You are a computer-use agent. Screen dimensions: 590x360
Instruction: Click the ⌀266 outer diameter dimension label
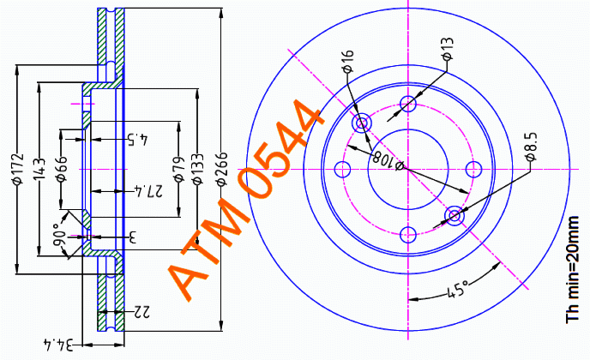(222, 169)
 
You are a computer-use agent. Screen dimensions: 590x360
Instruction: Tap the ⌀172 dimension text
(18, 169)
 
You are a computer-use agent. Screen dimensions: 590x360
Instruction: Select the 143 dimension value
(39, 169)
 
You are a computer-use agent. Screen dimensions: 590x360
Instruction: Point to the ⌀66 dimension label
(62, 169)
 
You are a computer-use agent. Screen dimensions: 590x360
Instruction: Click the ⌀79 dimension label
(180, 169)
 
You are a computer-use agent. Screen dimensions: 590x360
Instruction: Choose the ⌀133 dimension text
(197, 169)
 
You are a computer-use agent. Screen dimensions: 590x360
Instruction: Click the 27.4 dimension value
(148, 191)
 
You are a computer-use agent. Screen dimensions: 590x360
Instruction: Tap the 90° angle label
(59, 235)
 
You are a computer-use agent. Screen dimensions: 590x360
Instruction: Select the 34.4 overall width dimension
(57, 345)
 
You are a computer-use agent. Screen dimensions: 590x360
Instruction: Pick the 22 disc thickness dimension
(141, 311)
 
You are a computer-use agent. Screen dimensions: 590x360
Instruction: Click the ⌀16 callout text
(347, 60)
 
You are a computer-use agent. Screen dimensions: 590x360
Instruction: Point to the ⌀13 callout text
(448, 49)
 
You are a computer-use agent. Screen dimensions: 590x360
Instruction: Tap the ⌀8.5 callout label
(531, 147)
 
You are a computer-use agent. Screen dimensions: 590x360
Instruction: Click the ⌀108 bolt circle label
(388, 159)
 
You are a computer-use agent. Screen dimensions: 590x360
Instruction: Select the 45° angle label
(458, 289)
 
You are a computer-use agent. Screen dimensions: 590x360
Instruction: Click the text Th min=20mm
(572, 269)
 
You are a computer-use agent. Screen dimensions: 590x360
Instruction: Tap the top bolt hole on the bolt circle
(408, 104)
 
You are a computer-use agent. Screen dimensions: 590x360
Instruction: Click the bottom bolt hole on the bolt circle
(408, 235)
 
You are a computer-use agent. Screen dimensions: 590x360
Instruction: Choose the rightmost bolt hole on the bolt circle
(473, 169)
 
